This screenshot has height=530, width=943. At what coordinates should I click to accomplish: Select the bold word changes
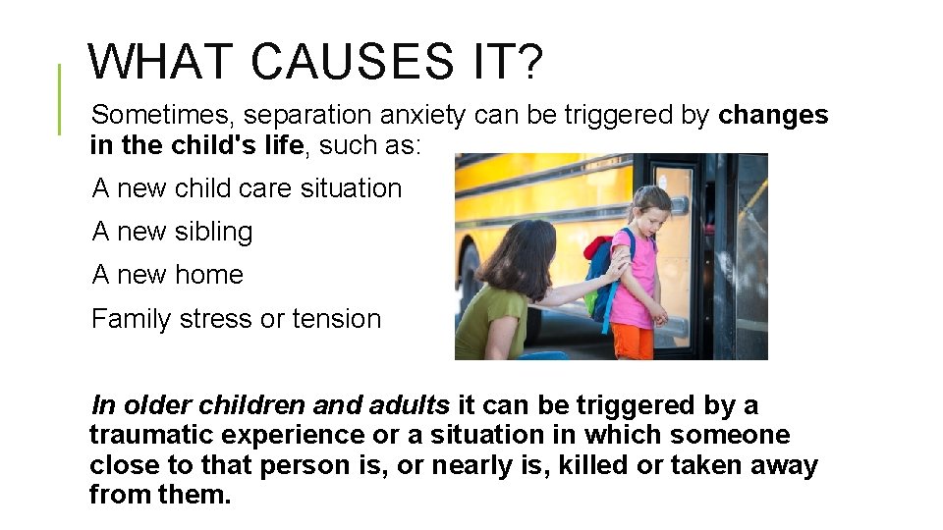(x=773, y=115)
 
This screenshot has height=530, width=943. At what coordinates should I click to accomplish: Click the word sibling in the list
(x=213, y=232)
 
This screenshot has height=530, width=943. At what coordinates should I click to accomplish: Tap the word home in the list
(x=208, y=275)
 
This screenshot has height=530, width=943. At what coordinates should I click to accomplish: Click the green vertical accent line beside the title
(x=59, y=98)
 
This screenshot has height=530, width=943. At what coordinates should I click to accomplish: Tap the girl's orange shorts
(x=633, y=340)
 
